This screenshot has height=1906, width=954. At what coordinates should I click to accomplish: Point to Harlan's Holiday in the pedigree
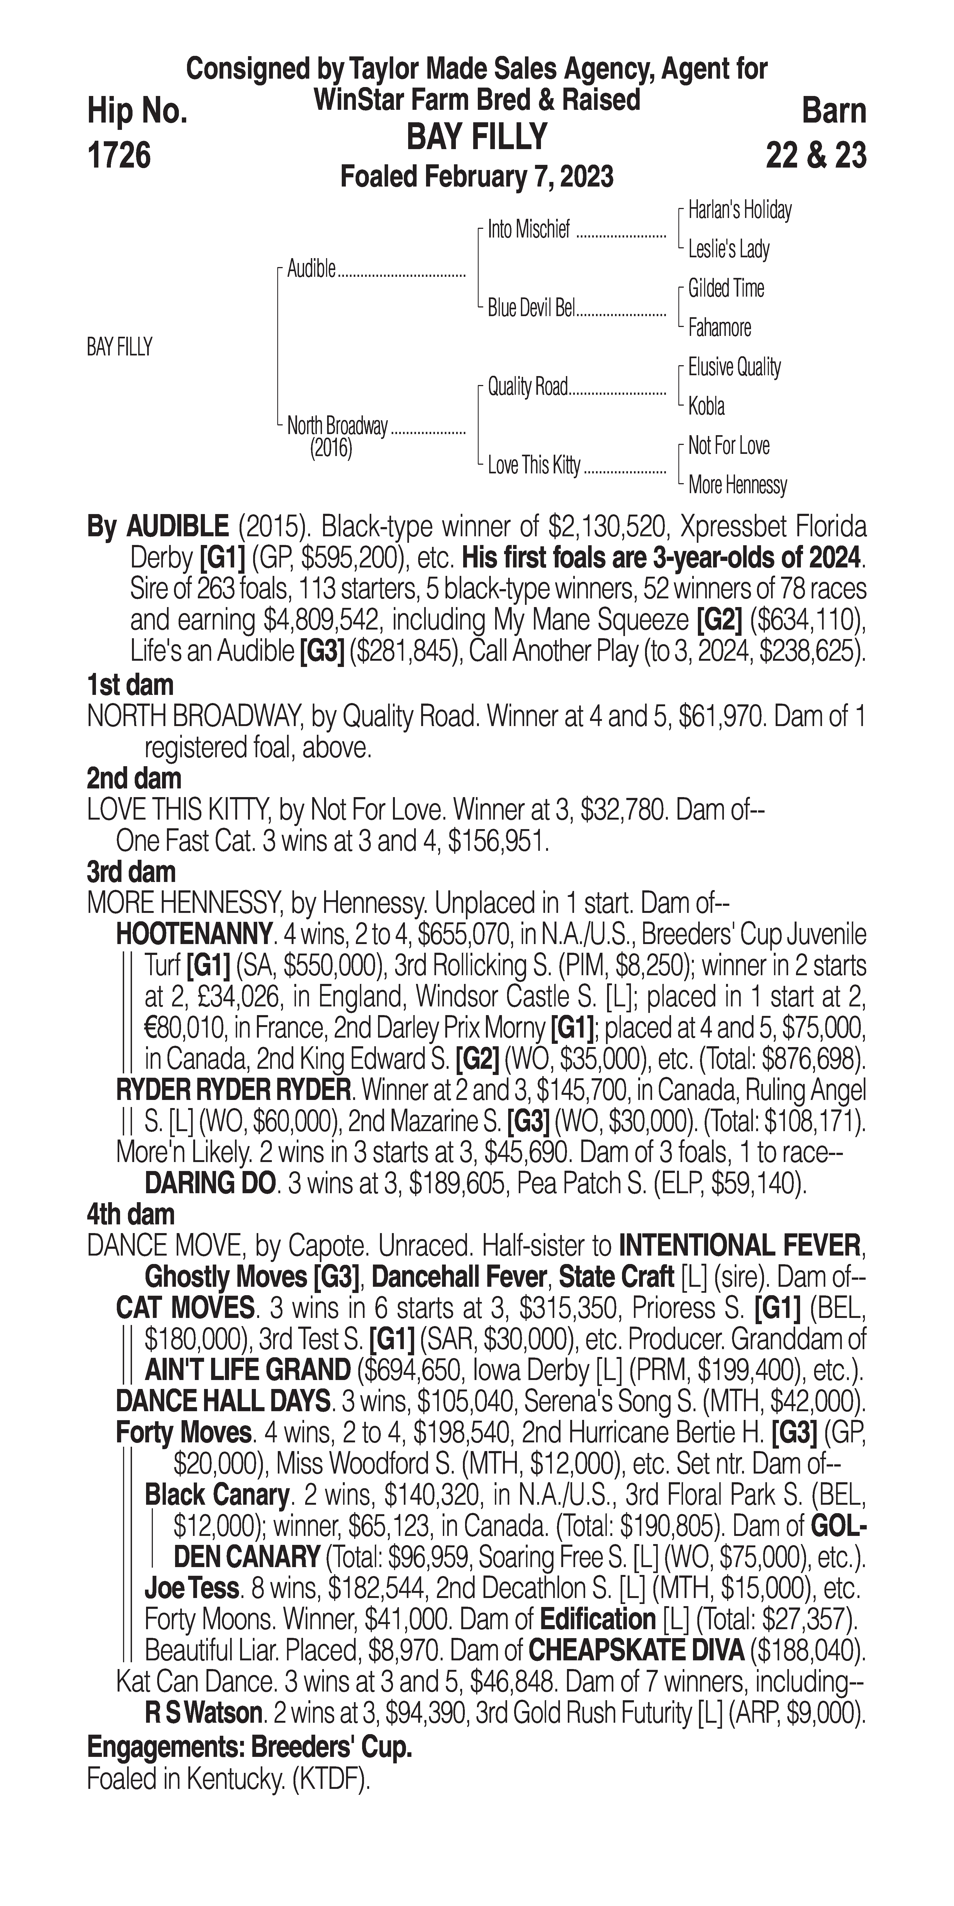tap(740, 210)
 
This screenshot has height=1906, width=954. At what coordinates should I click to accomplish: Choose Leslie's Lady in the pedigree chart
tap(729, 249)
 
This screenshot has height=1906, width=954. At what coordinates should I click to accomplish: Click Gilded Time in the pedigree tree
tap(726, 288)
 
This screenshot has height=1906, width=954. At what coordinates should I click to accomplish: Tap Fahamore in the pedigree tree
tap(720, 328)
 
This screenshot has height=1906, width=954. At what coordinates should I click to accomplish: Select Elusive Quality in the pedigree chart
tap(734, 367)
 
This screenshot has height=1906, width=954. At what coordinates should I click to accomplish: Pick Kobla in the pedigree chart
tap(706, 406)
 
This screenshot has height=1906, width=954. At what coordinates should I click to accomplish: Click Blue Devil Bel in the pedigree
tap(531, 309)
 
